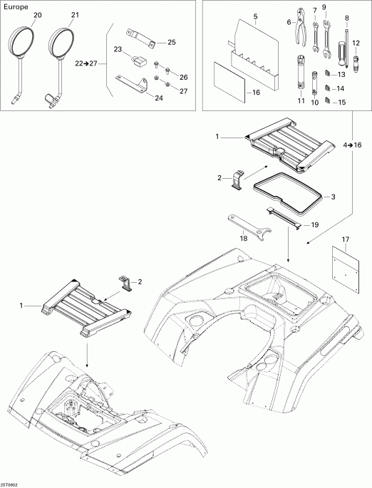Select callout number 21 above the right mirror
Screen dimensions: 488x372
tap(76, 15)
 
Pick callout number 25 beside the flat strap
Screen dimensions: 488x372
tap(172, 42)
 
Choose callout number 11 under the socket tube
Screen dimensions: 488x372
tap(301, 102)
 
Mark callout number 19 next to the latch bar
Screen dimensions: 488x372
tap(312, 224)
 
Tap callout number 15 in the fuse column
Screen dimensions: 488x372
tap(341, 103)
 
